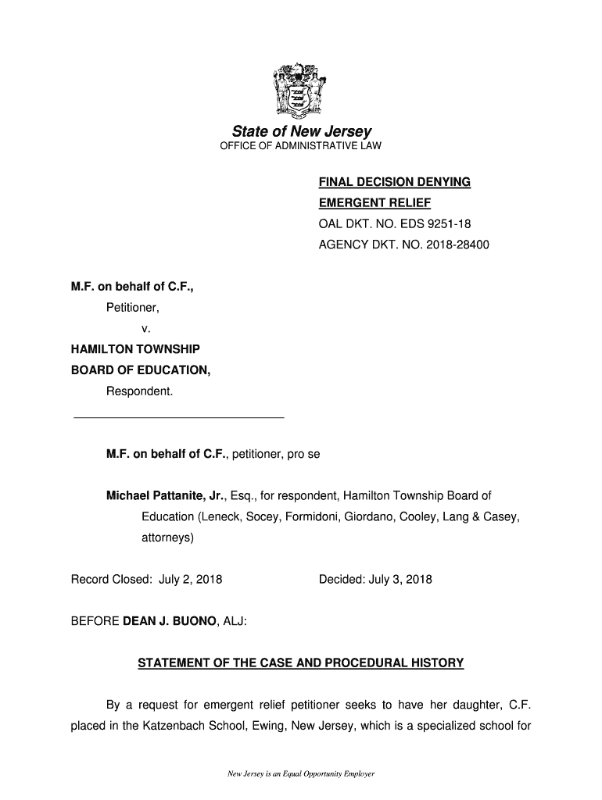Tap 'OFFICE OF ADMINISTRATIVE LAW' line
coord(301,146)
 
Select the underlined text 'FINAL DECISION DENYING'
coord(394,182)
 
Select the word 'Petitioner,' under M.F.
coord(132,308)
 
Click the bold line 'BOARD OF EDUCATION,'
coord(141,370)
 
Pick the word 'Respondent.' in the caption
coord(139,391)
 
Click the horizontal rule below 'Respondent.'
coord(178,418)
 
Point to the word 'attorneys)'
coord(167,538)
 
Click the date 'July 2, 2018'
coord(191,580)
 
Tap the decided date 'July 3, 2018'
coord(399,580)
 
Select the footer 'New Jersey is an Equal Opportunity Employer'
coord(301,774)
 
